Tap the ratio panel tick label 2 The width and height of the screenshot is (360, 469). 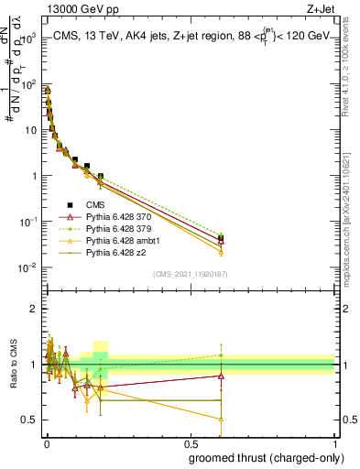pyautogui.click(x=32, y=309)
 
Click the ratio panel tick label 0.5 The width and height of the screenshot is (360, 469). pyautogui.click(x=28, y=420)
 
